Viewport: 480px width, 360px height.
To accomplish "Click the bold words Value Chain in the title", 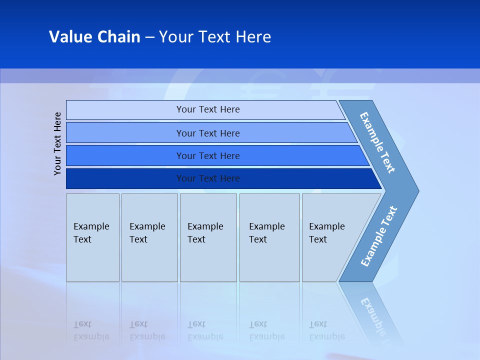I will (94, 36).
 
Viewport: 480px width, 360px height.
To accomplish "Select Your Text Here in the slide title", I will (215, 36).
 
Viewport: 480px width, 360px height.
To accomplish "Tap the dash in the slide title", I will (149, 37).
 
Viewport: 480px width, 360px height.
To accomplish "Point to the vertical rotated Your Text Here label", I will (58, 144).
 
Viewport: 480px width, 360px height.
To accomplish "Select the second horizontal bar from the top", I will (207, 133).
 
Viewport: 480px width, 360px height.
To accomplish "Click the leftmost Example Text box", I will (92, 237).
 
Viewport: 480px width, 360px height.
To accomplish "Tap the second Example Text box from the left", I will (149, 237).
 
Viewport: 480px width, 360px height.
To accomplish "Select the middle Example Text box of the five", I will (208, 237).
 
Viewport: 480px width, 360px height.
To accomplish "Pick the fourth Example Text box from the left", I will (269, 237).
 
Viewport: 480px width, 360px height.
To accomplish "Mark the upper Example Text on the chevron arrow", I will (377, 142).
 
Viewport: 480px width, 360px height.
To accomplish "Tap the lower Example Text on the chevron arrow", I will (379, 236).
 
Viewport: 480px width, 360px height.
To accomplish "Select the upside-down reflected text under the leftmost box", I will (91, 330).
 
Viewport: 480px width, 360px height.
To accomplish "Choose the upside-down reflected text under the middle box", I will (205, 330).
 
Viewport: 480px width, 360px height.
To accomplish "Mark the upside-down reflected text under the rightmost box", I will (326, 330).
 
